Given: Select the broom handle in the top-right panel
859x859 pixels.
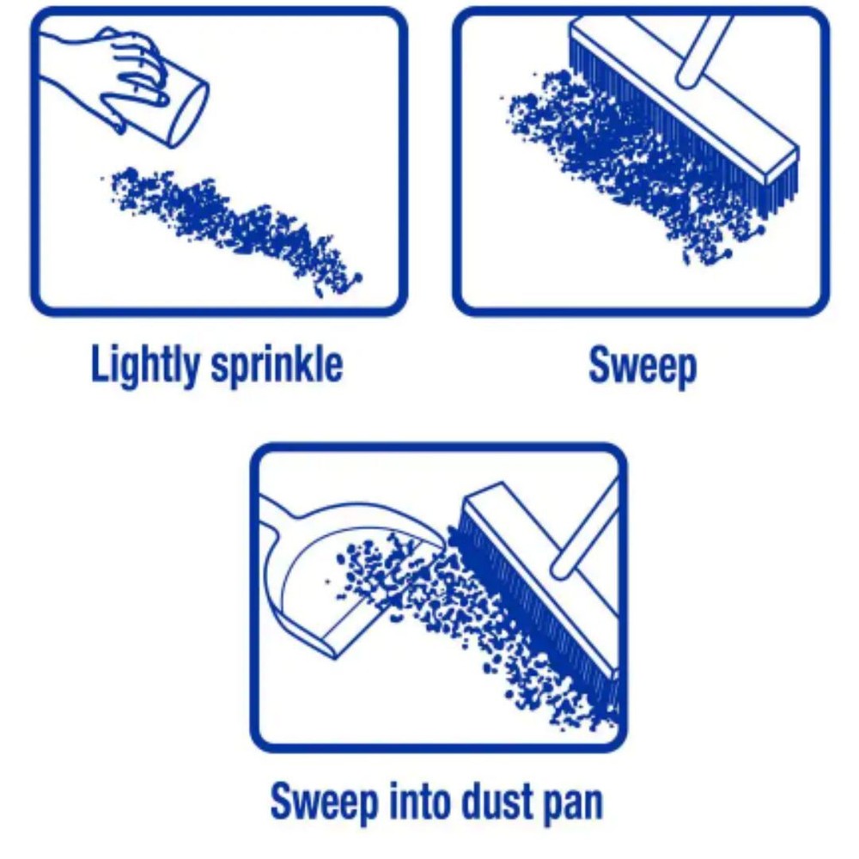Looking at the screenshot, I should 704,47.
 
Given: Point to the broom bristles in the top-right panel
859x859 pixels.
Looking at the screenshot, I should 670,129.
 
